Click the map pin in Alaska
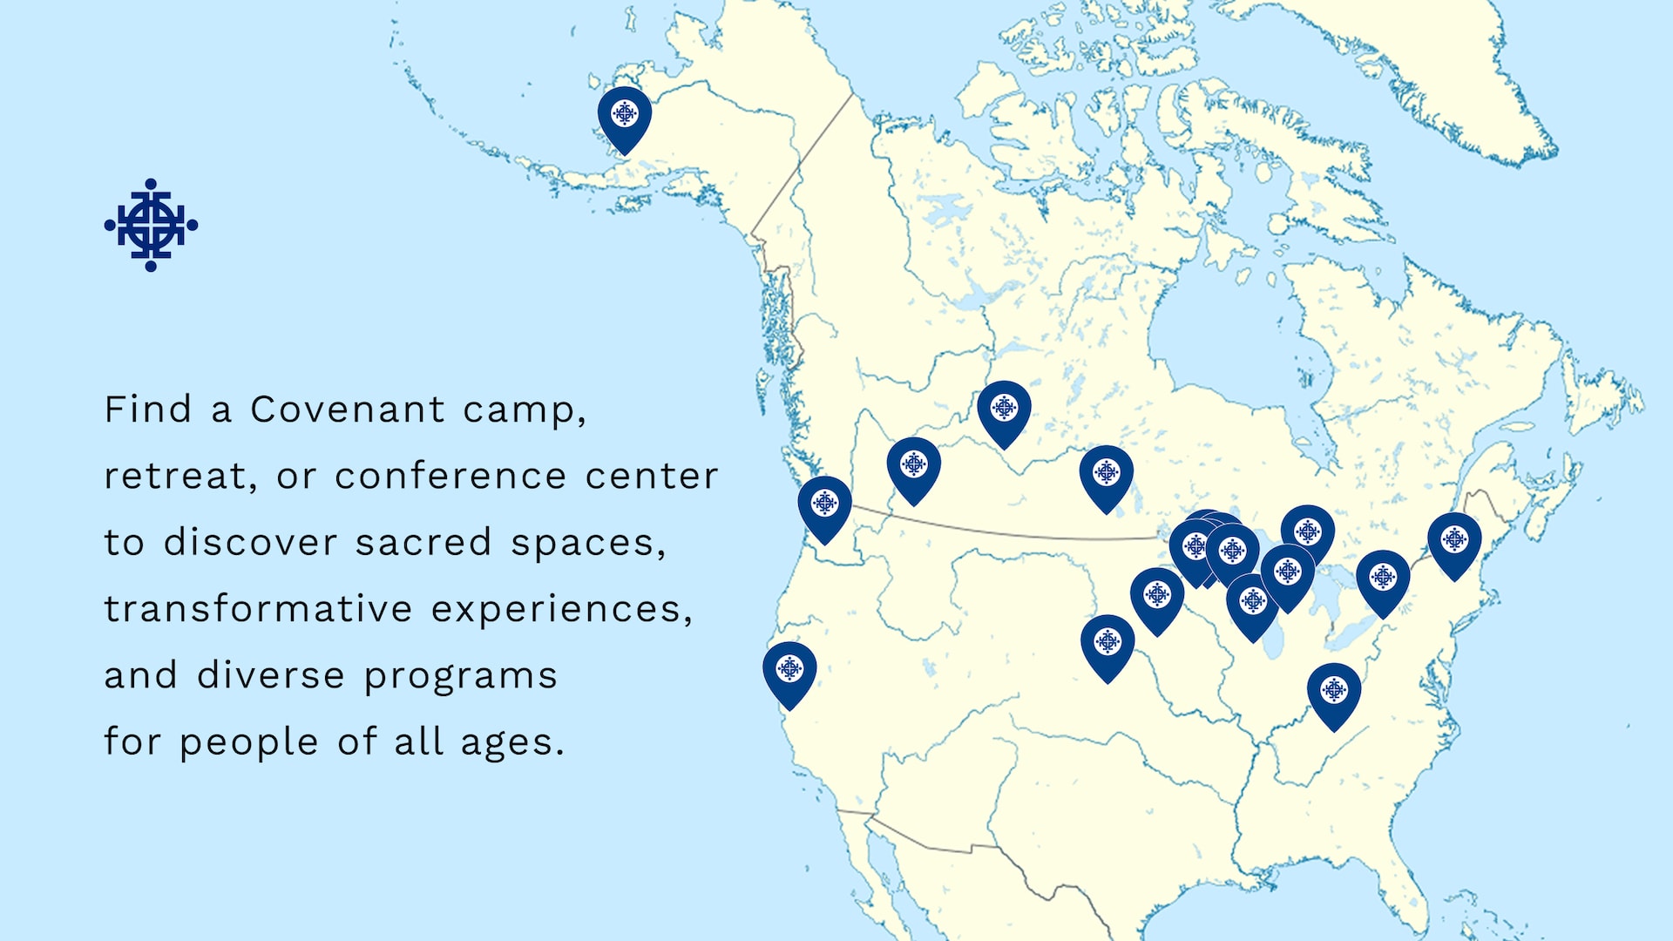coord(624,116)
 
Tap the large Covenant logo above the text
coord(151,225)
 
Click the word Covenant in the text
coord(348,410)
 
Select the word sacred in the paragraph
coord(423,543)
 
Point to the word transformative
coord(258,609)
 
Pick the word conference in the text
coord(450,477)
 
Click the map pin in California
coord(789,671)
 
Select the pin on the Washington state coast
coord(824,505)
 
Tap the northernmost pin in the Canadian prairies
coord(1004,410)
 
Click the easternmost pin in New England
coord(1454,542)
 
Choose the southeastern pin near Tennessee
coord(1333,693)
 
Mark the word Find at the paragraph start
coord(147,410)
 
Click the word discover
coord(249,543)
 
